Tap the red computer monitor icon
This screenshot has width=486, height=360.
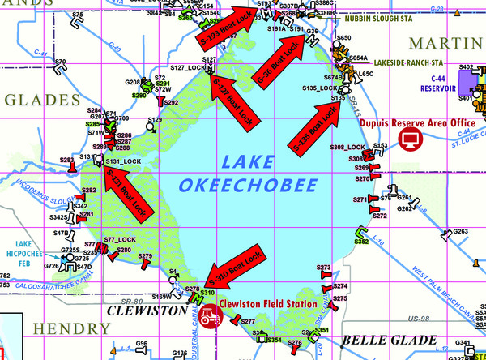tap(413, 137)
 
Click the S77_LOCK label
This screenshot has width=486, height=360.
tap(120, 240)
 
